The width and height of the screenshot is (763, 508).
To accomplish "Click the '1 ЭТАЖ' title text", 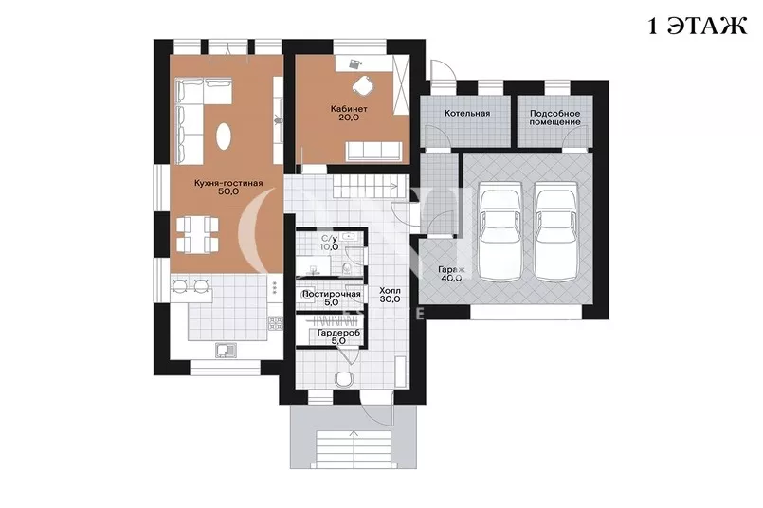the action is pyautogui.click(x=698, y=26).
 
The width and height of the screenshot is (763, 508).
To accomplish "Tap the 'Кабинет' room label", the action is pyautogui.click(x=349, y=109).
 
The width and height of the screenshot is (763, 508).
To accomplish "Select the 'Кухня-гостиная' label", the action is pyautogui.click(x=228, y=184).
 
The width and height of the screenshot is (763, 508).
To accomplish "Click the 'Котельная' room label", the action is pyautogui.click(x=467, y=114).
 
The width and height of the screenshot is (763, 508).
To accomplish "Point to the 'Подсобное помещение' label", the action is pyautogui.click(x=554, y=118).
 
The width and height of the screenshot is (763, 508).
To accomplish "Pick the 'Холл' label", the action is pyautogui.click(x=390, y=291).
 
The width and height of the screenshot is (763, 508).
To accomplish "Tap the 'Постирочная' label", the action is pyautogui.click(x=332, y=294).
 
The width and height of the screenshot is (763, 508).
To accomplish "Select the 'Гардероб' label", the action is pyautogui.click(x=338, y=334).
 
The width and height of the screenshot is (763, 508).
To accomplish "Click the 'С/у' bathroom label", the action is pyautogui.click(x=330, y=239).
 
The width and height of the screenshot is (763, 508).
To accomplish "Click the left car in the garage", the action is pyautogui.click(x=500, y=231).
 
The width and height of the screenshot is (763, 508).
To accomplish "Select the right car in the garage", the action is pyautogui.click(x=557, y=231).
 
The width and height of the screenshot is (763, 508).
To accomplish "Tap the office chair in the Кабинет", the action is pyautogui.click(x=362, y=85).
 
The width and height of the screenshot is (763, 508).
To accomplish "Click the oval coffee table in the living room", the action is pyautogui.click(x=224, y=136).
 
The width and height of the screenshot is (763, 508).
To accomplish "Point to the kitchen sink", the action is pyautogui.click(x=225, y=350).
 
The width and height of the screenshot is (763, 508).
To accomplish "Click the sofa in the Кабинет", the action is pyautogui.click(x=373, y=152).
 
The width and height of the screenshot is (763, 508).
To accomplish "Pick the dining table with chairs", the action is pyautogui.click(x=196, y=234).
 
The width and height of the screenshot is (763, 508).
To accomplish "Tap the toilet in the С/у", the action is pyautogui.click(x=346, y=267).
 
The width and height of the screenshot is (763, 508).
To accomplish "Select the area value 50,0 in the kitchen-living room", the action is pyautogui.click(x=228, y=191).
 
